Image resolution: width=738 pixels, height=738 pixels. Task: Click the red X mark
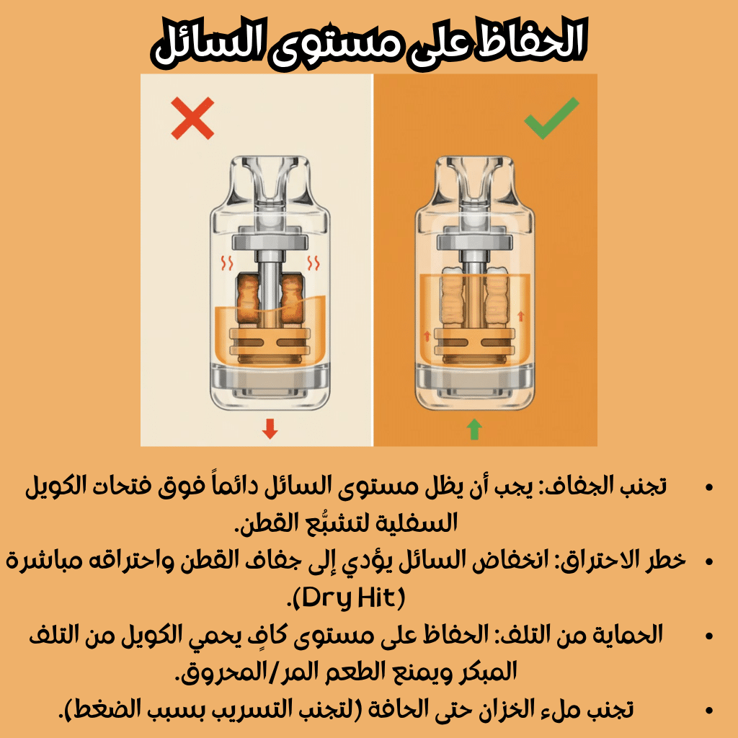(x=192, y=118)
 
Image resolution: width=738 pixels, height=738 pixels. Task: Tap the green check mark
(x=551, y=117)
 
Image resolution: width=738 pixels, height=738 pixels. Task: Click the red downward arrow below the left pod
(x=270, y=428)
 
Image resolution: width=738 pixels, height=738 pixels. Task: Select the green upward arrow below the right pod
(x=474, y=430)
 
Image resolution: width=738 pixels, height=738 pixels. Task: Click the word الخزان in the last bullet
(x=489, y=709)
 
